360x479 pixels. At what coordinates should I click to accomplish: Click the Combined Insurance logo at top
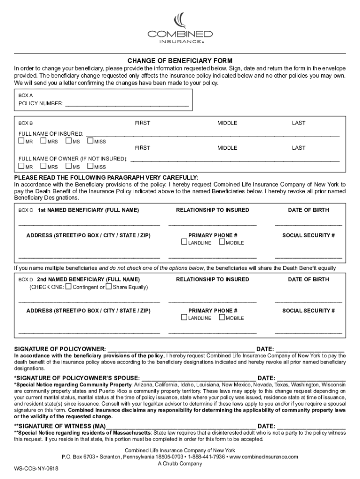(x=180, y=29)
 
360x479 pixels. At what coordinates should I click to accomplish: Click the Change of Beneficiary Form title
(x=180, y=61)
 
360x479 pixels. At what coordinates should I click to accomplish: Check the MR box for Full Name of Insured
(x=21, y=141)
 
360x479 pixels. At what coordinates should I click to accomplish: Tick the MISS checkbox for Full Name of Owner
(x=90, y=166)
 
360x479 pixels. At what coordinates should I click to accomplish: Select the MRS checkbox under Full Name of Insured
(x=43, y=141)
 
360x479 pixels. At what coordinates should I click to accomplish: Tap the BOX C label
(x=25, y=210)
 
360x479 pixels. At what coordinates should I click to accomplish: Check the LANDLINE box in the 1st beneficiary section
(x=184, y=242)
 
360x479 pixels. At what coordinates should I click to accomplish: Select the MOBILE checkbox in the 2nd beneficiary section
(x=222, y=318)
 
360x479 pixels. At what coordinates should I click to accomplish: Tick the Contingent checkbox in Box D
(x=69, y=287)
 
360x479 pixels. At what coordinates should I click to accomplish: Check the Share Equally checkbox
(x=108, y=287)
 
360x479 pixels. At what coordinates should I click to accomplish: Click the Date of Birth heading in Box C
(x=308, y=210)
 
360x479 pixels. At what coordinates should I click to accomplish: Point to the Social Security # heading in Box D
(x=308, y=311)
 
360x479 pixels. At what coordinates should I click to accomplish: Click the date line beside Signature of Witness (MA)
(x=311, y=426)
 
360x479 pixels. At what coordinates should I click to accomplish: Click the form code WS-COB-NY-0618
(x=36, y=468)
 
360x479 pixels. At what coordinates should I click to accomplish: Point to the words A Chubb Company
(x=180, y=464)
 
